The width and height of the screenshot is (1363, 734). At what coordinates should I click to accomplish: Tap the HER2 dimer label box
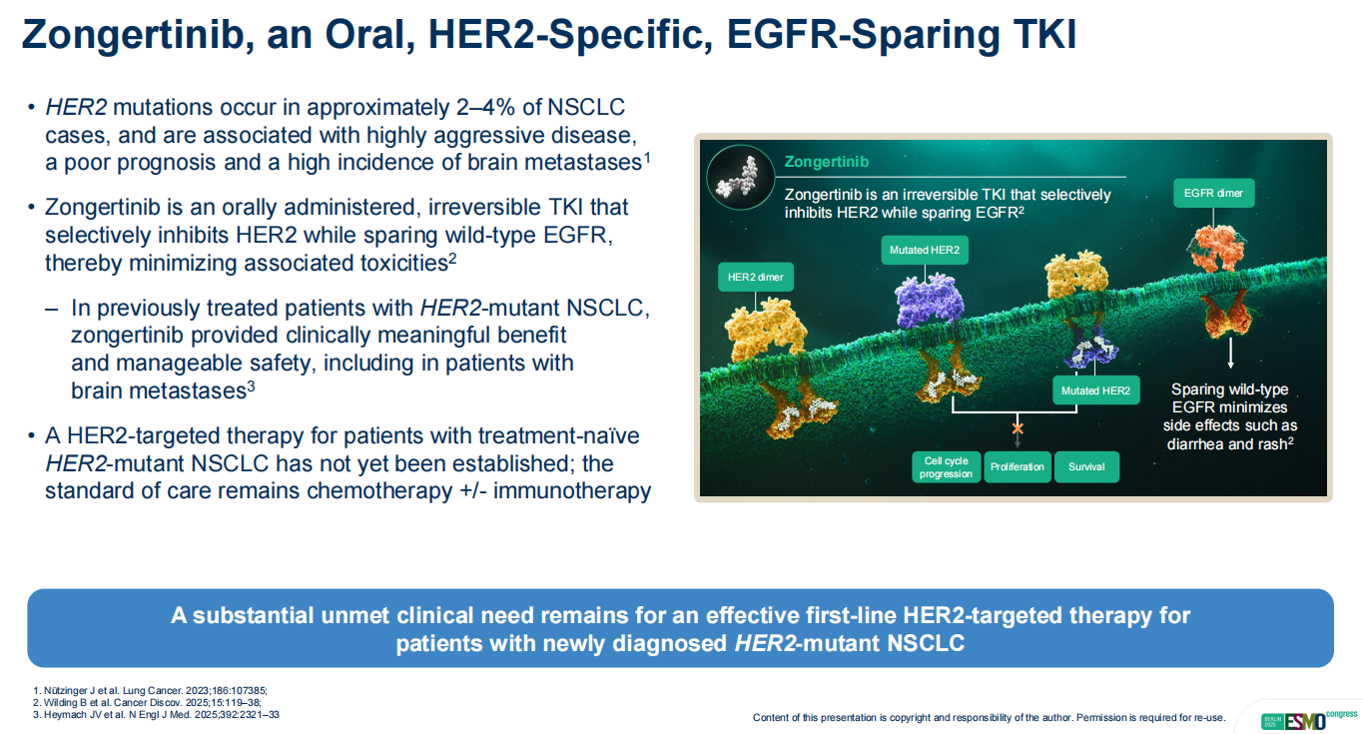(755, 277)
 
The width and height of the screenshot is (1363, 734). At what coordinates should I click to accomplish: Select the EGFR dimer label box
(1213, 193)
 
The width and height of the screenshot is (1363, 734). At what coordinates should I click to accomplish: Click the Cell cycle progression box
(946, 466)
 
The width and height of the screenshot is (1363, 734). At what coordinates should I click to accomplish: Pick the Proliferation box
(1017, 466)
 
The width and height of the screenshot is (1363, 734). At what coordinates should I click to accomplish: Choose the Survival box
(1086, 466)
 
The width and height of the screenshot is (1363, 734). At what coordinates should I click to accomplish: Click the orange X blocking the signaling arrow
(1018, 428)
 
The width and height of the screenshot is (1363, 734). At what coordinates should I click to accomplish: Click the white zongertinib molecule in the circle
(737, 177)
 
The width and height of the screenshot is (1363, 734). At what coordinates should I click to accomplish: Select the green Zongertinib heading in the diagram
(827, 162)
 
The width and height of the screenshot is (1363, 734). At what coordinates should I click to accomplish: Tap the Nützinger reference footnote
(150, 691)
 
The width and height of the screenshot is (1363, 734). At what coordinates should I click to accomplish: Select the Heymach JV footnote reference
(156, 714)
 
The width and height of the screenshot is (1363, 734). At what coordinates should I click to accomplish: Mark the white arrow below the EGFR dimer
(1230, 353)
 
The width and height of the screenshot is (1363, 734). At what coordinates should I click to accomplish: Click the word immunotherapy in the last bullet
(572, 491)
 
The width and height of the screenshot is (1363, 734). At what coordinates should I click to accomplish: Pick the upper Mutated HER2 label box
(925, 250)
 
